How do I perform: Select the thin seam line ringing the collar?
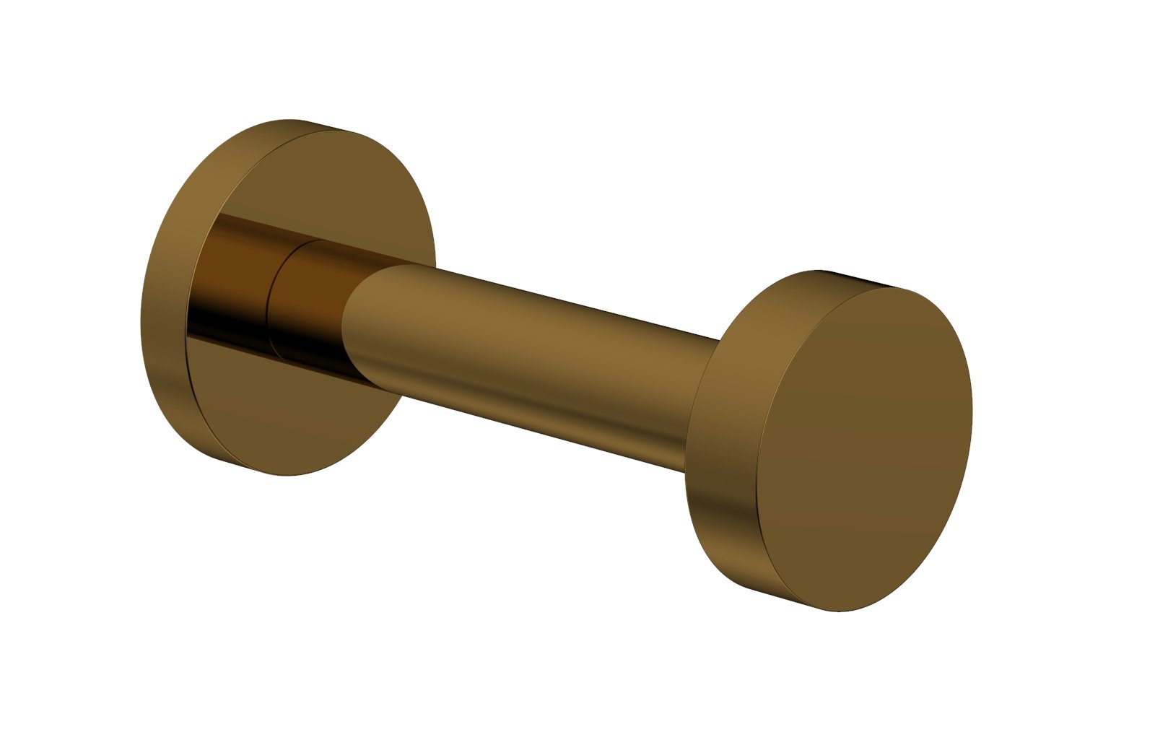270,303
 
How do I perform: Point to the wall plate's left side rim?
162,303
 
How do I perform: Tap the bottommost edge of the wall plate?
289,474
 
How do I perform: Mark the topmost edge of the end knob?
819,271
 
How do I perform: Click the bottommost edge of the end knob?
841,611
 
